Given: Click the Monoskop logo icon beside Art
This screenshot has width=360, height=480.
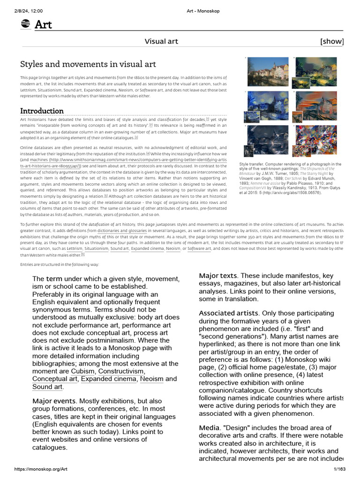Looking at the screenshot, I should pos(26,24).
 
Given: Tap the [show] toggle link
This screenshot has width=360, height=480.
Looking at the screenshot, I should pos(332,41).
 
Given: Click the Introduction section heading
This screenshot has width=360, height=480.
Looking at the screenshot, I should pos(42,111).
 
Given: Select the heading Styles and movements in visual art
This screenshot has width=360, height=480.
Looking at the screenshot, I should pos(88,64).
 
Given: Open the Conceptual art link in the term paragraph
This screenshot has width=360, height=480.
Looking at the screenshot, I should pos(55,379).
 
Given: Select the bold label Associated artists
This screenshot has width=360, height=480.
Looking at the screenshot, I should pos(228,313).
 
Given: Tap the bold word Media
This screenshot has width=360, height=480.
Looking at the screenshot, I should pos(209,428).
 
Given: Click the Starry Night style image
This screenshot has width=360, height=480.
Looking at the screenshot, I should pos(268,106).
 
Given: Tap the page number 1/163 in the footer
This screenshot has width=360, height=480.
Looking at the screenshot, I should pos(339,469).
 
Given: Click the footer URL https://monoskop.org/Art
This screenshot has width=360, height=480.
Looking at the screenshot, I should pos(41,469).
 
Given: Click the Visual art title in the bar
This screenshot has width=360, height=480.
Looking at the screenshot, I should pos(161,41).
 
